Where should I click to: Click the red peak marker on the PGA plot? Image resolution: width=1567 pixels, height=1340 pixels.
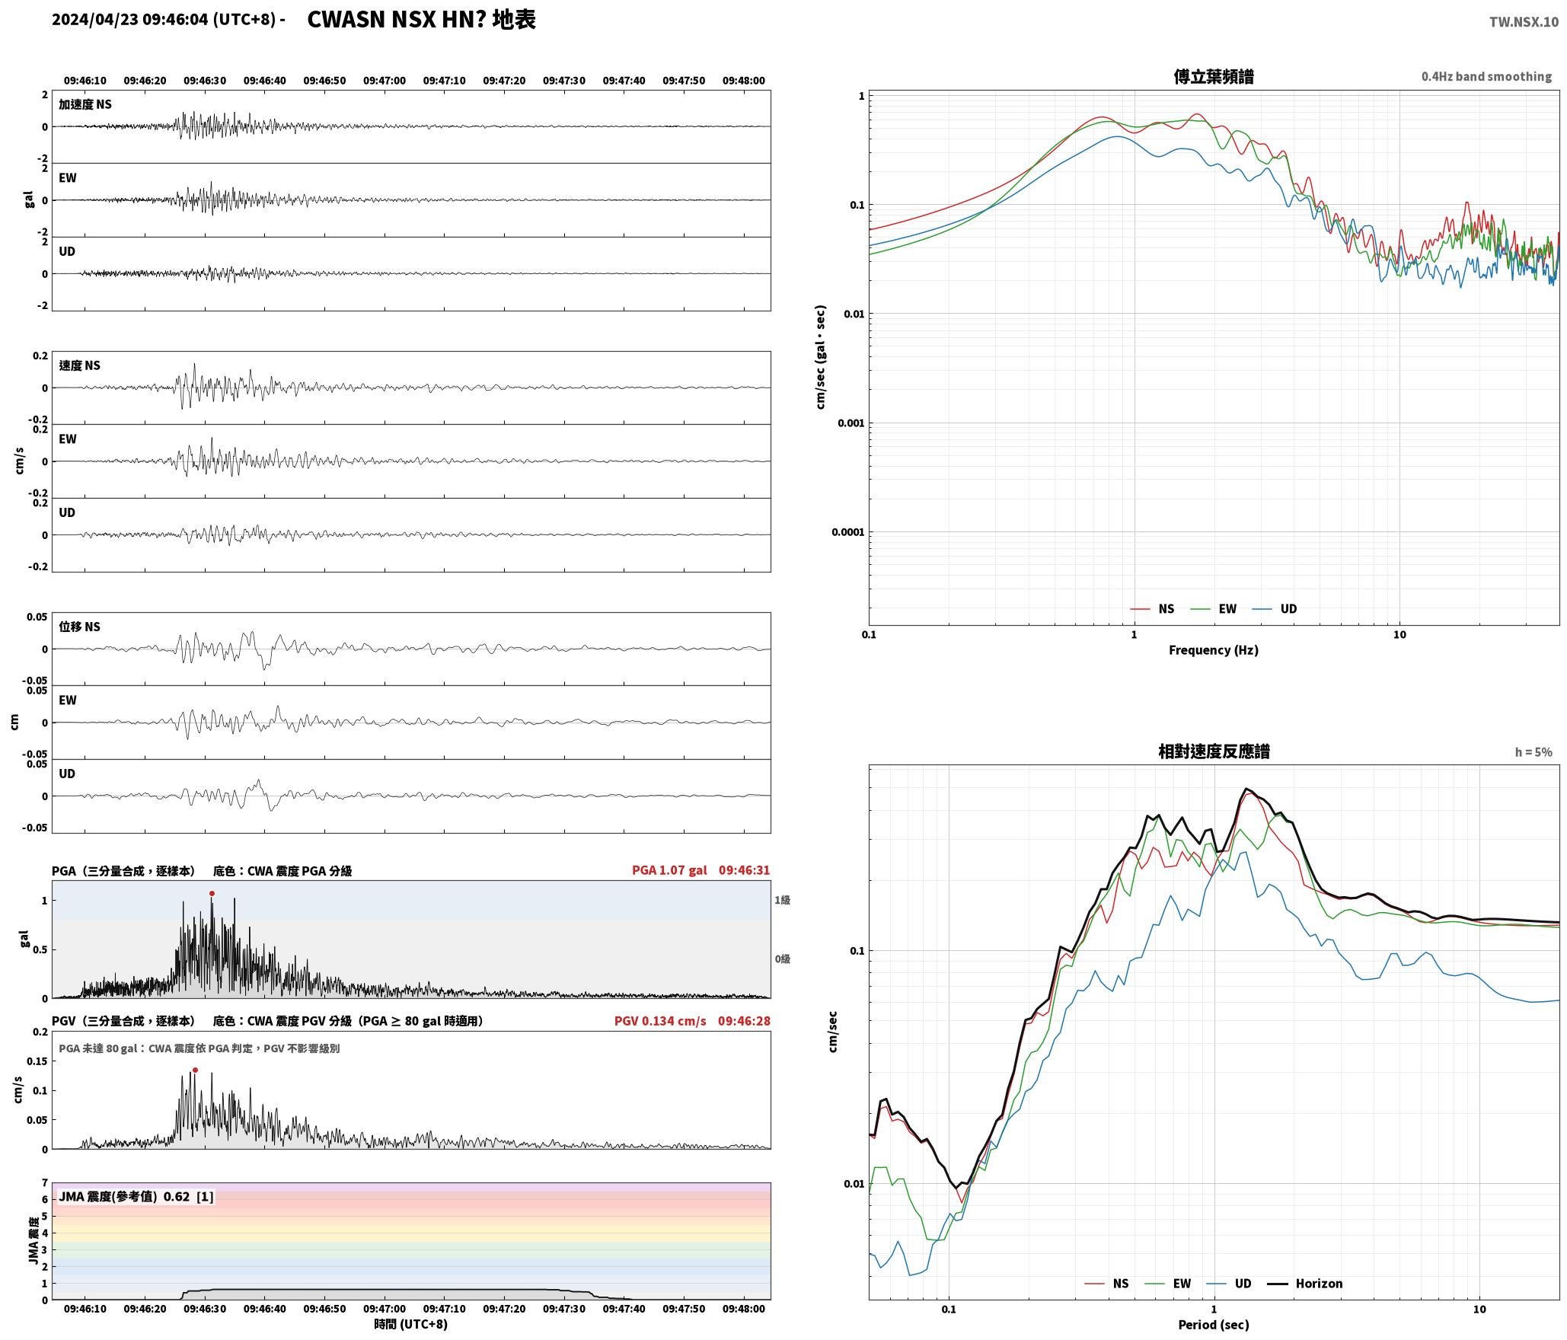coord(212,894)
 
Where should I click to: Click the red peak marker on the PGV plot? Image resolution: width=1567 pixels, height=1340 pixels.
coord(195,1070)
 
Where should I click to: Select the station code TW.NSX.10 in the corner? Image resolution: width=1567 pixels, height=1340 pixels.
coord(1524,22)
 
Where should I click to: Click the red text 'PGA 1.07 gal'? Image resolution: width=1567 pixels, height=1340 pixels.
coord(669,870)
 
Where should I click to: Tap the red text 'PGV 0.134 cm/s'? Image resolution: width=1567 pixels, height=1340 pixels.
coord(660,1021)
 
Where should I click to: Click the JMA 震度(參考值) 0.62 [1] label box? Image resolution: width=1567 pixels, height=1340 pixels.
coord(136,1197)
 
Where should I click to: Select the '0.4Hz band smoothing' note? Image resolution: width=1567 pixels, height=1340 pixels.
coord(1486,77)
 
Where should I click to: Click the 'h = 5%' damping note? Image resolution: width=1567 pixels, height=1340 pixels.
coord(1533,752)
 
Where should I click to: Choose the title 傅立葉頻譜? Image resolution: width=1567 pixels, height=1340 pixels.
coord(1214,77)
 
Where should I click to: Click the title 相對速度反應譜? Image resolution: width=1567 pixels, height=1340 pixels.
coord(1214,751)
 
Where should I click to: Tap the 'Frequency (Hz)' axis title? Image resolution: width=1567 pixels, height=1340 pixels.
coord(1214,650)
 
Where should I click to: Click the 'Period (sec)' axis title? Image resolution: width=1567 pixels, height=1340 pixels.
coord(1214,1325)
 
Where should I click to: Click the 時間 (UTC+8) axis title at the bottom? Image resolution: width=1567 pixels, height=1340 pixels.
coord(410,1324)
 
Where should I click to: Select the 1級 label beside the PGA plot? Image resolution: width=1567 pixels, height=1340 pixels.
coord(782,900)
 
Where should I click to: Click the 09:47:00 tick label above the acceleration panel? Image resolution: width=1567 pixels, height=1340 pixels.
coord(385,81)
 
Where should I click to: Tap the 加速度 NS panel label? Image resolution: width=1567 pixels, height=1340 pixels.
coord(85,104)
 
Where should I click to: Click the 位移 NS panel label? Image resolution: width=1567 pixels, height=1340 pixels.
coord(79,627)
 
